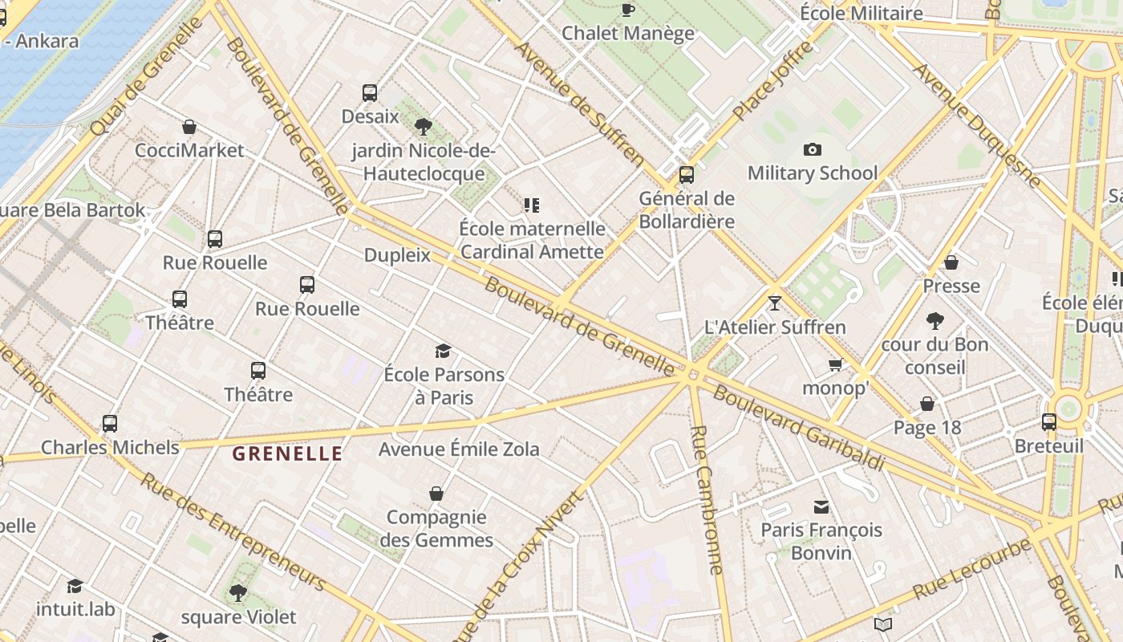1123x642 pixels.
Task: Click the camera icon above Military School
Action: (812, 149)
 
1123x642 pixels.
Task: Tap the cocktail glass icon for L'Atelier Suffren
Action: (774, 303)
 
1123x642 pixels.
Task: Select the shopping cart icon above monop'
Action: (835, 365)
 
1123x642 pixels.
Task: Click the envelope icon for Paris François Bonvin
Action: (821, 506)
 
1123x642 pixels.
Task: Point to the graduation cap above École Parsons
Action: (443, 351)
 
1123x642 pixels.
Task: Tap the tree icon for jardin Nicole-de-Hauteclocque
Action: (424, 126)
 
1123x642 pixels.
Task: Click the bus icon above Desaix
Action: (370, 93)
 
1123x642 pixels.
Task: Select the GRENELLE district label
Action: (287, 454)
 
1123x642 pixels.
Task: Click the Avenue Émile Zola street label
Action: (459, 449)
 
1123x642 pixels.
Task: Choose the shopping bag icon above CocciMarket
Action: (189, 127)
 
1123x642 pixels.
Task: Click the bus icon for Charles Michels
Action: (110, 423)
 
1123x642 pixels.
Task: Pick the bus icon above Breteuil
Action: (1048, 422)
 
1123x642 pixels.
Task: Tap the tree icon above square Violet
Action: (237, 593)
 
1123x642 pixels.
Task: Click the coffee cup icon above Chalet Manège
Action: (627, 10)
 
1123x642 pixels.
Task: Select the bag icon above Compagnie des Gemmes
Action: (436, 493)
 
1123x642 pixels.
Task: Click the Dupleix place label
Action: (397, 255)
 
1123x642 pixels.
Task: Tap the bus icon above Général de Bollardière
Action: (686, 174)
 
